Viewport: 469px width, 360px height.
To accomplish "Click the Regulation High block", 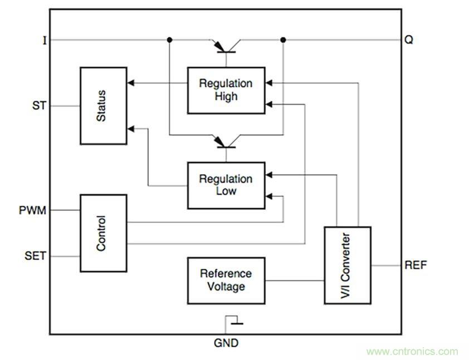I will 226,90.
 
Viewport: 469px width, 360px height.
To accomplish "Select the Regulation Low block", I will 226,185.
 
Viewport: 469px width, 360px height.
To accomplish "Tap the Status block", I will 103,106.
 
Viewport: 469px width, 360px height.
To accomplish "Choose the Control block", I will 103,233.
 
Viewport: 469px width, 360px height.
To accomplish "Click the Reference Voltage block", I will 226,280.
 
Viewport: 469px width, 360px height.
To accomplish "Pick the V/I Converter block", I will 348,265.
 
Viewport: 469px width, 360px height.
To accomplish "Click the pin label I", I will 45,40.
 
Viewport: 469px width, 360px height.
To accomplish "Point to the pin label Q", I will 409,40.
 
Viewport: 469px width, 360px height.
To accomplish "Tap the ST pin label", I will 39,105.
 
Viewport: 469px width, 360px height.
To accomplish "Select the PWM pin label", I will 33,210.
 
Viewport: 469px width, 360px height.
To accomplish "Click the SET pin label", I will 35,257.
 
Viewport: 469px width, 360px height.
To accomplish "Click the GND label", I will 226,343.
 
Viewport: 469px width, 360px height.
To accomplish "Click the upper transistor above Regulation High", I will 226,47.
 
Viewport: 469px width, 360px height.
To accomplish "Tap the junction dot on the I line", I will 169,40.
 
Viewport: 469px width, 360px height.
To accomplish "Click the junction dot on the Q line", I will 283,40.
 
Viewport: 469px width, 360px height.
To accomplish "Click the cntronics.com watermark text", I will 412,351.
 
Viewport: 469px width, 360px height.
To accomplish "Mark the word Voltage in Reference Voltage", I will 226,287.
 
